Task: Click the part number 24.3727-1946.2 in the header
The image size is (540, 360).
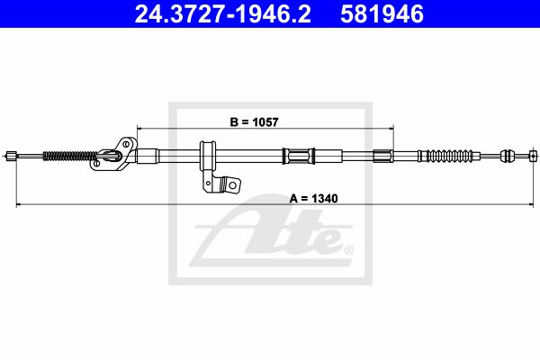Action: tap(223, 14)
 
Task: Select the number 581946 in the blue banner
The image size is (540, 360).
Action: tap(382, 14)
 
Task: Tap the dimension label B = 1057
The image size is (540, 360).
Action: tap(254, 122)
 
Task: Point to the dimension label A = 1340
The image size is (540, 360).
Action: tap(314, 198)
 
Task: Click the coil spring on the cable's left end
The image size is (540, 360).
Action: tap(70, 156)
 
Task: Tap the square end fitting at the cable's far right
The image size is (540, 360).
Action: tap(533, 156)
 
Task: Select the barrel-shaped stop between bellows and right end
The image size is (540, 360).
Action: tap(507, 156)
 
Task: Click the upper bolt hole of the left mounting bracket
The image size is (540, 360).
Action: tap(126, 144)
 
